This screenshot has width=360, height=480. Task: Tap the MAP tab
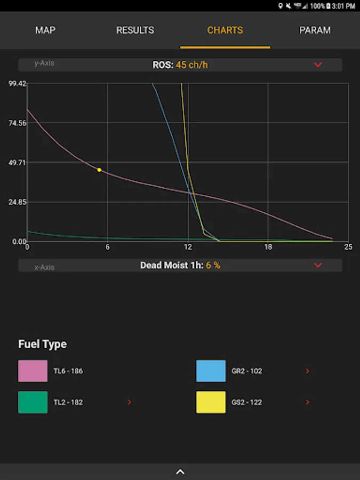pyautogui.click(x=45, y=30)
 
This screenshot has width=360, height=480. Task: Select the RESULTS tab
pyautogui.click(x=135, y=30)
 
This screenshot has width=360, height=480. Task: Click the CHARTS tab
pyautogui.click(x=225, y=30)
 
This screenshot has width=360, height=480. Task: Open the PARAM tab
pyautogui.click(x=315, y=30)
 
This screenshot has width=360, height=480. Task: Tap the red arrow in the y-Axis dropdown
pyautogui.click(x=318, y=65)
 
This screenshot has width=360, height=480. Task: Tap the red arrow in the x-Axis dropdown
pyautogui.click(x=318, y=265)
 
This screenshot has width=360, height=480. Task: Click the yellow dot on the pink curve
pyautogui.click(x=99, y=170)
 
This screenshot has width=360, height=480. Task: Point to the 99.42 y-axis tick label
pyautogui.click(x=17, y=84)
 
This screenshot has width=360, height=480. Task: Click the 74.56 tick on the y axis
pyautogui.click(x=17, y=123)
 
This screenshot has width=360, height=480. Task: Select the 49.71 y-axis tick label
pyautogui.click(x=17, y=162)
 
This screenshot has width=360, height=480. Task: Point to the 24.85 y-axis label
pyautogui.click(x=17, y=202)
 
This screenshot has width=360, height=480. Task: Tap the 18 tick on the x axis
pyautogui.click(x=268, y=247)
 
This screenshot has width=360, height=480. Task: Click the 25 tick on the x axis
pyautogui.click(x=348, y=247)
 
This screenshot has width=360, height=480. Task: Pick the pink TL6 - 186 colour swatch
pyautogui.click(x=33, y=371)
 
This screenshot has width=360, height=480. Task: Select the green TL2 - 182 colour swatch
pyautogui.click(x=33, y=402)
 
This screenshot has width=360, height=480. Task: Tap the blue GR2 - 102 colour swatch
pyautogui.click(x=211, y=371)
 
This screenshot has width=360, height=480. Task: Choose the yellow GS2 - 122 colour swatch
pyautogui.click(x=211, y=402)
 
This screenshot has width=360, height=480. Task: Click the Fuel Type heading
pyautogui.click(x=43, y=344)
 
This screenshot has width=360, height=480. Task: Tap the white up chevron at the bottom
pyautogui.click(x=180, y=472)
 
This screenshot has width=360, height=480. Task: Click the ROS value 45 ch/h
pyautogui.click(x=191, y=65)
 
